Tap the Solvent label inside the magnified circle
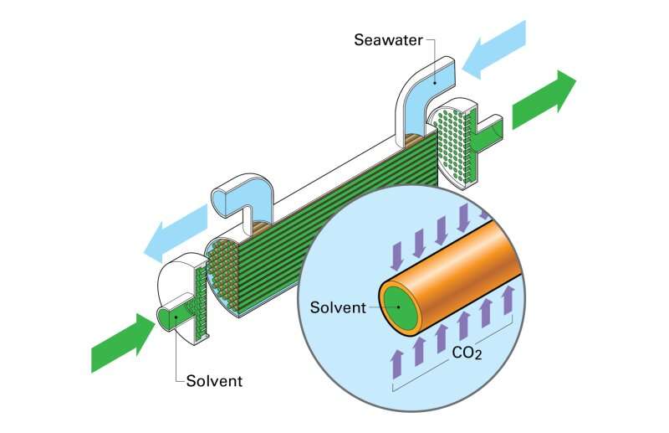(x=338, y=307)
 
